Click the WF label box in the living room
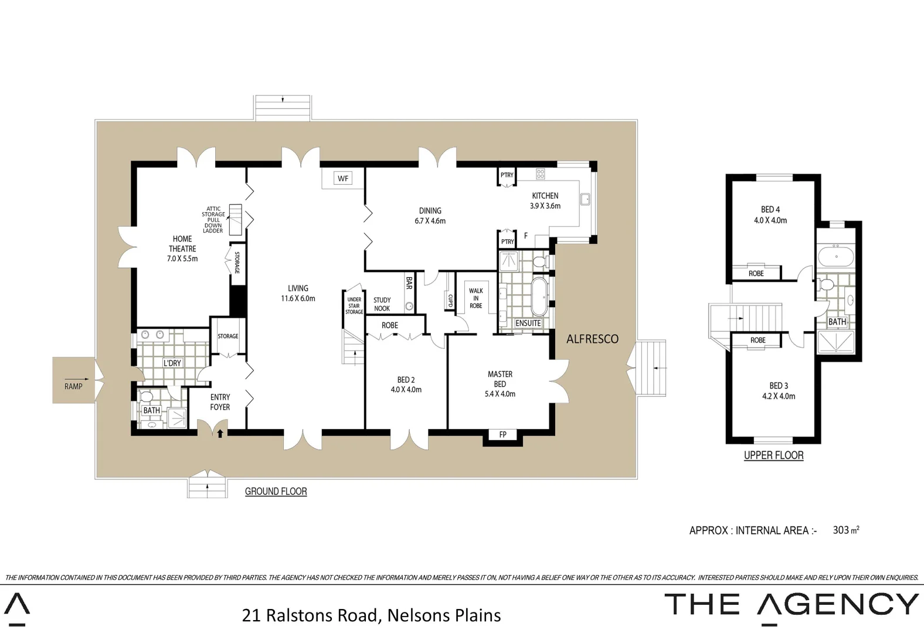(343, 179)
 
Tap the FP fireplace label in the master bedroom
(502, 435)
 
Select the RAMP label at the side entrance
(73, 386)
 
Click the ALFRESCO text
(592, 339)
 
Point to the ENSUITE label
(528, 324)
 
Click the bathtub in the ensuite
(539, 297)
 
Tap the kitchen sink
(585, 199)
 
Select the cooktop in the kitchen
(540, 173)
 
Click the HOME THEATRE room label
(182, 244)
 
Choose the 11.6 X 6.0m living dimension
(298, 298)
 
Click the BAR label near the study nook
(409, 283)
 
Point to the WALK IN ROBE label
(475, 298)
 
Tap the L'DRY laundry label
(172, 363)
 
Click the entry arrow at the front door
(220, 434)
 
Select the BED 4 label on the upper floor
(770, 209)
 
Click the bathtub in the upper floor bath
(837, 257)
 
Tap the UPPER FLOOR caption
(773, 455)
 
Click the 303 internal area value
(841, 530)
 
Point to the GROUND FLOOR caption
(276, 492)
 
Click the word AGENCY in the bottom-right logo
(838, 604)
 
